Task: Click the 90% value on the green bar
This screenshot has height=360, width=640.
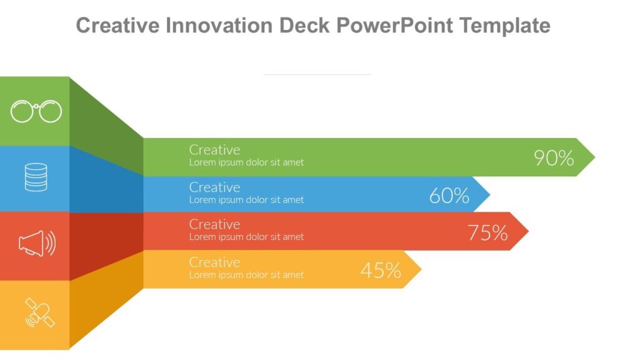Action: [x=554, y=158]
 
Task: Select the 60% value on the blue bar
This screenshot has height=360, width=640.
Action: [x=449, y=196]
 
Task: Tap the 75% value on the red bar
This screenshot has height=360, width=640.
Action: [x=487, y=232]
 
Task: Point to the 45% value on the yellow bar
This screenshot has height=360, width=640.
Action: [x=381, y=271]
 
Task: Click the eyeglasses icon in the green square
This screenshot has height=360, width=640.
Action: [x=36, y=112]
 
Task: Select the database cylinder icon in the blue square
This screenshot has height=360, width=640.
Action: [x=36, y=177]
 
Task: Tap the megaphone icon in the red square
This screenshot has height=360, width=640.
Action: [x=37, y=243]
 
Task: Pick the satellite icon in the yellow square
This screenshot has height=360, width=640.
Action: [x=39, y=312]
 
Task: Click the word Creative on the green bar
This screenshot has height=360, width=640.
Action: [x=214, y=150]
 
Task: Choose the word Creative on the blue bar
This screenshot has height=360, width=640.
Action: [x=214, y=187]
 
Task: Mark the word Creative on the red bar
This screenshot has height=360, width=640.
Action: [x=214, y=224]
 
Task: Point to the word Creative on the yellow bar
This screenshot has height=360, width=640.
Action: [x=214, y=262]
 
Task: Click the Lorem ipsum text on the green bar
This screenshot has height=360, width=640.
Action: [x=246, y=162]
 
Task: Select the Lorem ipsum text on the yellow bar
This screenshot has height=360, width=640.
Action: [x=246, y=275]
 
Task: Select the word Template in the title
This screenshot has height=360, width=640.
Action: [x=504, y=26]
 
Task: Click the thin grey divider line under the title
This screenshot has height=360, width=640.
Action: [x=317, y=74]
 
